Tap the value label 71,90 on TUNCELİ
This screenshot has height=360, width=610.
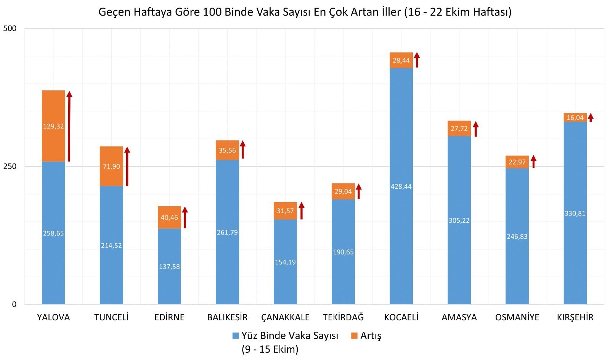(x=111, y=167)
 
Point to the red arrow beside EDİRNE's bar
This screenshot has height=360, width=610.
(x=185, y=217)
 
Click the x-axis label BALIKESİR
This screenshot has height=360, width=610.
(x=227, y=317)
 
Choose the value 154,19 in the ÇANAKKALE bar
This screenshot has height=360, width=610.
(x=285, y=262)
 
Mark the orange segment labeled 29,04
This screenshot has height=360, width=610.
(x=343, y=191)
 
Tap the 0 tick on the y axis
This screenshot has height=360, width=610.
(x=14, y=304)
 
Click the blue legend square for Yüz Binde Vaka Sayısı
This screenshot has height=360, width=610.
(x=236, y=336)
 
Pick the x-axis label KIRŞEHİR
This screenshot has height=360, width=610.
(x=575, y=317)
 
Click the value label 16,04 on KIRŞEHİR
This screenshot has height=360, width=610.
(x=575, y=118)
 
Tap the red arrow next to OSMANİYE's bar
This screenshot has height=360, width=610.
(x=533, y=161)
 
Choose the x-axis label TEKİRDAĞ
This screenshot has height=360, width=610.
(x=343, y=317)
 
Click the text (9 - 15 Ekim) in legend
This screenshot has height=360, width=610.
(x=270, y=349)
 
